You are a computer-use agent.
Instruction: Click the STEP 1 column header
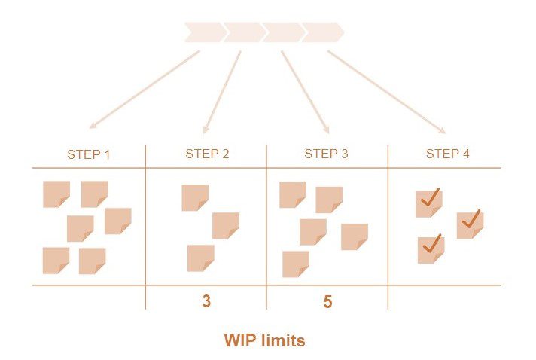(x=89, y=154)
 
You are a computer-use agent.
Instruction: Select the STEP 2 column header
(x=207, y=154)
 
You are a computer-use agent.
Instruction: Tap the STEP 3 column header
(x=326, y=154)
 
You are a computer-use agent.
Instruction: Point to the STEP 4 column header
(x=447, y=154)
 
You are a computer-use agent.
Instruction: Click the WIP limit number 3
(x=206, y=302)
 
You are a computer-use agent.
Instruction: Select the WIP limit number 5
(x=327, y=302)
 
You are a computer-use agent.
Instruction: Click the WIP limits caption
(x=264, y=340)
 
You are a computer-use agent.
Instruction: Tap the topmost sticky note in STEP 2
(x=195, y=197)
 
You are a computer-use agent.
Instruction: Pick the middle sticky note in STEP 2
(x=225, y=225)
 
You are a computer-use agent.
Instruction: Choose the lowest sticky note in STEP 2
(x=200, y=258)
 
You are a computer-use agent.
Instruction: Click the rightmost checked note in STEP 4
(x=470, y=224)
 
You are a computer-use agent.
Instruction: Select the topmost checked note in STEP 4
(x=429, y=203)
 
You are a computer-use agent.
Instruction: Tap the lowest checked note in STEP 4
(x=431, y=249)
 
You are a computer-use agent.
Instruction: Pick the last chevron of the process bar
(x=323, y=32)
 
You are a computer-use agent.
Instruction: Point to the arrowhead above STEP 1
(x=92, y=125)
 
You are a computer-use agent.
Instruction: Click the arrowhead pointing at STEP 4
(x=442, y=130)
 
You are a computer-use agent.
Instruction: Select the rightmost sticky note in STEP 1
(x=117, y=221)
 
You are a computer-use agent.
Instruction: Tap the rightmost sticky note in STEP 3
(x=354, y=236)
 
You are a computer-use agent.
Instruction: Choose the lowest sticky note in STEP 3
(x=295, y=264)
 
